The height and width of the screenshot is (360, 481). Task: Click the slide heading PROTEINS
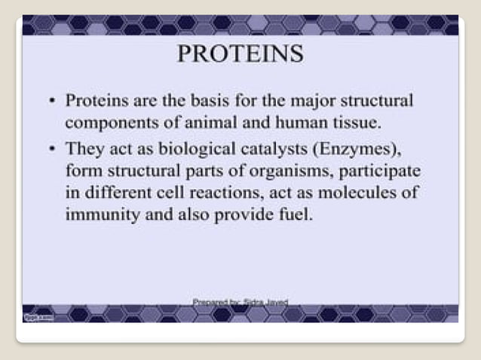pyautogui.click(x=240, y=54)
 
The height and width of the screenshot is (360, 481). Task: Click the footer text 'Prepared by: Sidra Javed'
pyautogui.click(x=240, y=301)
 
